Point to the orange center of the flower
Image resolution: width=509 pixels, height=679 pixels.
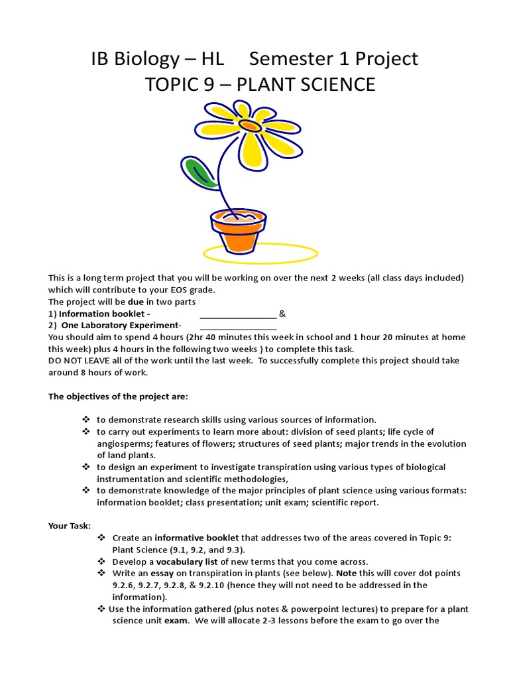[x=250, y=125]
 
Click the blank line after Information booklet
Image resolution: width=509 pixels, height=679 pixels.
[x=238, y=314]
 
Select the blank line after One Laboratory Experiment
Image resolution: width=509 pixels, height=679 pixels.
[x=238, y=326]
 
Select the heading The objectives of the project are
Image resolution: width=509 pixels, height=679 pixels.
[x=118, y=397]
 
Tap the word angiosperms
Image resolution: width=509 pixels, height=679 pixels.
[x=122, y=444]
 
